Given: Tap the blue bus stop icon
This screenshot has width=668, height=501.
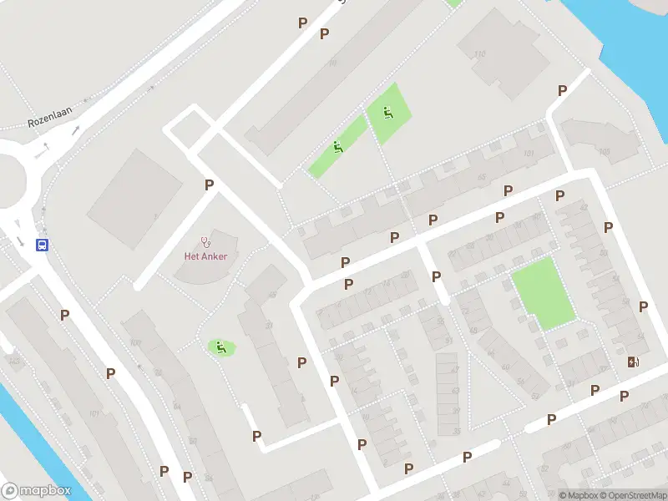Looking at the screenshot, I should (x=42, y=245).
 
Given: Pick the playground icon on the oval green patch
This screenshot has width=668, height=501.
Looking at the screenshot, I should (x=220, y=347).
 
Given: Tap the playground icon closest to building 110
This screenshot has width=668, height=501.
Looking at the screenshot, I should (x=387, y=112).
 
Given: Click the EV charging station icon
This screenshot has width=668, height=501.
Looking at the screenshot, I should (x=633, y=362).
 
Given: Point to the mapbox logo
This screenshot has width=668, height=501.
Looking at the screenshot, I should (x=37, y=491).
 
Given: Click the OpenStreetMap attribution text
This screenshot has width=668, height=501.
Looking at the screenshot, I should (x=630, y=495).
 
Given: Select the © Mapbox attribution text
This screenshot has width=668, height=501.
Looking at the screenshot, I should (x=578, y=495).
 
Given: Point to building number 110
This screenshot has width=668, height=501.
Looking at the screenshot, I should (x=478, y=55).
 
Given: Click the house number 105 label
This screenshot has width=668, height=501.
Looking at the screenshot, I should (x=605, y=151).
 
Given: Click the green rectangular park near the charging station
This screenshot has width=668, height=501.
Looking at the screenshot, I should (x=543, y=292).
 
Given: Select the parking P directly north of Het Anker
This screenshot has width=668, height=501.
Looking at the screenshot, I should (x=209, y=185).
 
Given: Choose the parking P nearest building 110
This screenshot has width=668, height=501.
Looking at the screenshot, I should (x=562, y=90).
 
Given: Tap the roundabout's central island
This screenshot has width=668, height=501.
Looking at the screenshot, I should (x=7, y=175).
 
